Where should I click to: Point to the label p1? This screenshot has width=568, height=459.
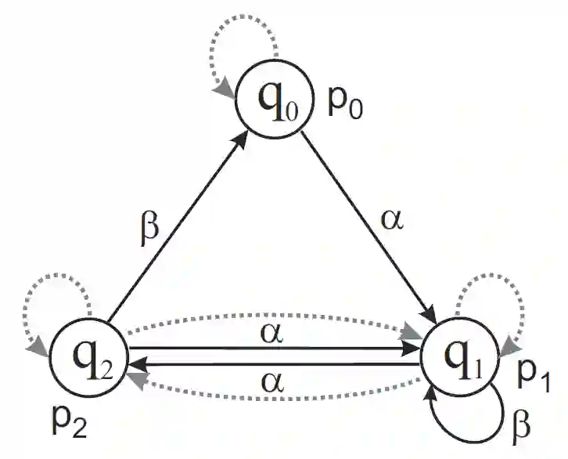point(534,380)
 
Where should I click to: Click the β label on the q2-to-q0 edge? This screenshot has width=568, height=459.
point(150,229)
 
